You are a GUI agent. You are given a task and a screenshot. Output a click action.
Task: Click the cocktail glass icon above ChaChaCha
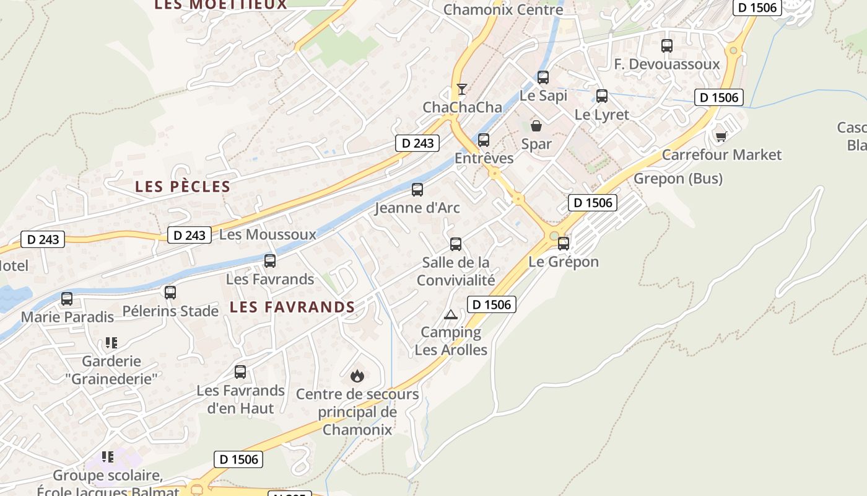click(461, 89)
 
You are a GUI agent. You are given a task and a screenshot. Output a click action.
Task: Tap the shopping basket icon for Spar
click(536, 126)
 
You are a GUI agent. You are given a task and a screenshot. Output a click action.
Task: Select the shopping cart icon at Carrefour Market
click(721, 136)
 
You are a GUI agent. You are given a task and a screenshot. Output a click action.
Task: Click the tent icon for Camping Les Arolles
click(451, 314)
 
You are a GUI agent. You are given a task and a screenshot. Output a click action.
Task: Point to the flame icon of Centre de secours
click(357, 376)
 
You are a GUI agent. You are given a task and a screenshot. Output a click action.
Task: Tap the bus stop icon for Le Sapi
click(543, 77)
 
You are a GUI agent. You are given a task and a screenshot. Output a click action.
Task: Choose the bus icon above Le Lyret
click(602, 96)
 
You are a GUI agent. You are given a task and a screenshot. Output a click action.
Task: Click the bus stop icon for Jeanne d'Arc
click(417, 190)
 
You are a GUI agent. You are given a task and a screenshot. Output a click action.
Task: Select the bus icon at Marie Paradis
click(67, 299)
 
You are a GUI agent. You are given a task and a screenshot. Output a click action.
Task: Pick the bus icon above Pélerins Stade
click(170, 293)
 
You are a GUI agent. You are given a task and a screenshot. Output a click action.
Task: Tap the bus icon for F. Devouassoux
click(667, 46)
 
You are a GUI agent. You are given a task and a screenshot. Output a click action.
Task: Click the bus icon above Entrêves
click(484, 140)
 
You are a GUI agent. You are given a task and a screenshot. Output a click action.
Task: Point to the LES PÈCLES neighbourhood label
click(183, 187)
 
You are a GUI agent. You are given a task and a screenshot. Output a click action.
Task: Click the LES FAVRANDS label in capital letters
click(292, 307)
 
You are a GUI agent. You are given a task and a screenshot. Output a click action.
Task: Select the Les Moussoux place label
click(268, 234)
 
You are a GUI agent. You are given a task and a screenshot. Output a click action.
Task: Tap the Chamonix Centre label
click(503, 10)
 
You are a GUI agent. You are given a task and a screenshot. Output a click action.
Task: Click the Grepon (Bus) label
click(678, 179)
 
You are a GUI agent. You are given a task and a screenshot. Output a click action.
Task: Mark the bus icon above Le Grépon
click(564, 244)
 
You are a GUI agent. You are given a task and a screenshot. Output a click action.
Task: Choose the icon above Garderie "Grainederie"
click(111, 342)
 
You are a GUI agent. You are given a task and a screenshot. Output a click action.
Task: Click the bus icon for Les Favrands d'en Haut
click(240, 372)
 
